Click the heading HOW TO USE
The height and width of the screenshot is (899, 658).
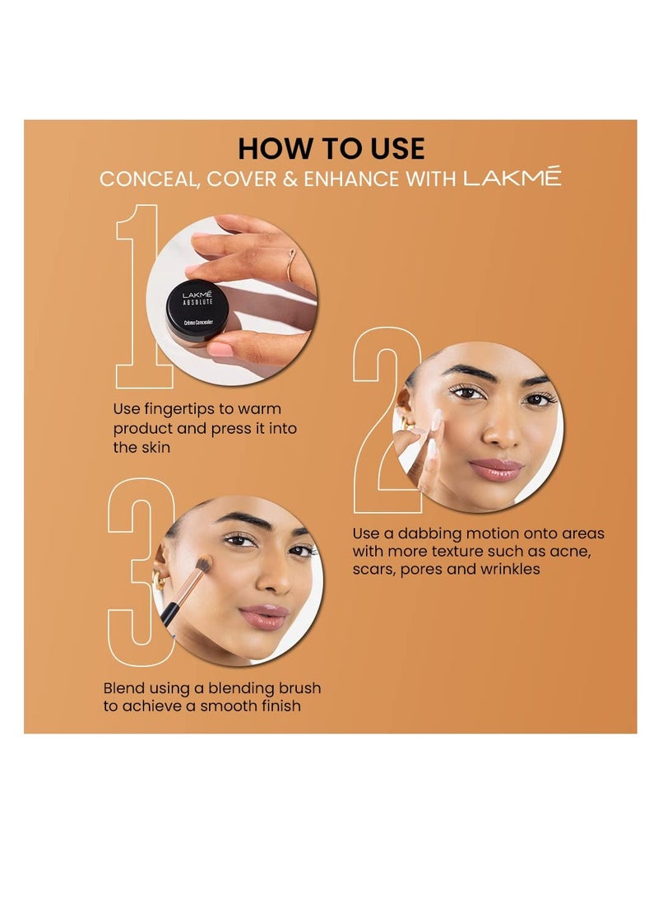(x=331, y=148)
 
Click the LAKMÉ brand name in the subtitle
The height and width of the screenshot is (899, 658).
(x=512, y=177)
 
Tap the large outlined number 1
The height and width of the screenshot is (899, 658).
(x=142, y=296)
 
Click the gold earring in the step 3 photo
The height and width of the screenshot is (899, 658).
(x=161, y=583)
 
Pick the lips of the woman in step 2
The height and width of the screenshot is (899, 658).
(x=496, y=470)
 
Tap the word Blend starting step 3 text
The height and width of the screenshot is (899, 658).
(x=125, y=687)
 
